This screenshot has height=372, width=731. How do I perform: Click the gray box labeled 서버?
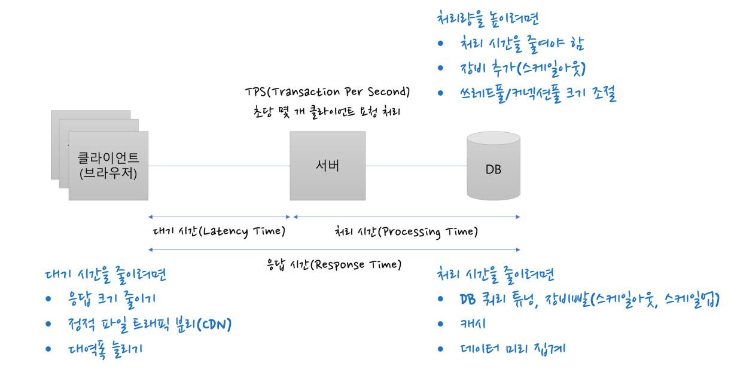click(x=328, y=166)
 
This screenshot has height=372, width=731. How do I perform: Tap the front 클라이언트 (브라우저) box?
click(x=108, y=166)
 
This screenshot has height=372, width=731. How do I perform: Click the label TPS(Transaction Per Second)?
click(x=327, y=92)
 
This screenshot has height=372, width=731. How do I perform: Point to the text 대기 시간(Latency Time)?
click(x=217, y=231)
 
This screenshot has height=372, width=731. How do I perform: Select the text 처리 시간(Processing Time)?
click(x=406, y=231)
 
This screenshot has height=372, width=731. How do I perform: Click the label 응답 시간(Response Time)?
click(x=334, y=264)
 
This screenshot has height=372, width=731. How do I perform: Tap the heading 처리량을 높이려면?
click(x=489, y=19)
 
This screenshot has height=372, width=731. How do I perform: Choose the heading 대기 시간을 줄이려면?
click(x=106, y=275)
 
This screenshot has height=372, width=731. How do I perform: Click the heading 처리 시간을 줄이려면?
click(x=496, y=275)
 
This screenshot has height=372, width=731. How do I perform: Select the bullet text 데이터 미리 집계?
click(x=510, y=349)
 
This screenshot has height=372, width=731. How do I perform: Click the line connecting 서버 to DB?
click(x=416, y=166)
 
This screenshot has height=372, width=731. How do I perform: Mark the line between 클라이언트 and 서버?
click(x=218, y=166)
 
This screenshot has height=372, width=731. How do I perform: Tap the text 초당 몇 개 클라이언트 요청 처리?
click(x=327, y=111)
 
